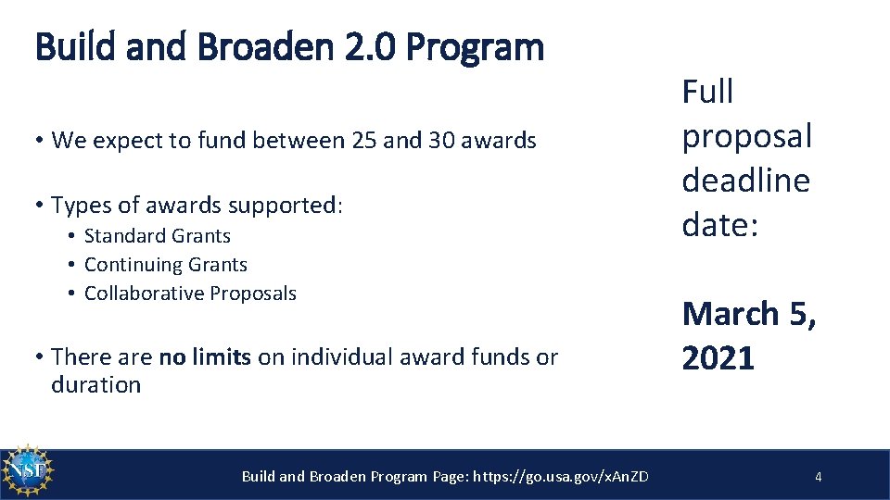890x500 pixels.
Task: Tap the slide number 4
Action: (818, 477)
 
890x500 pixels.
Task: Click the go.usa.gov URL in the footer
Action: (561, 477)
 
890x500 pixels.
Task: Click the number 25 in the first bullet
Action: (365, 141)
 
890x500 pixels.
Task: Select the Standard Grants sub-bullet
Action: (157, 236)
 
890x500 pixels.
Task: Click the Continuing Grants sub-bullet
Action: (165, 265)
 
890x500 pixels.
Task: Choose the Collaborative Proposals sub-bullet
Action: (190, 294)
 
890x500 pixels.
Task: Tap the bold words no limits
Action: (205, 356)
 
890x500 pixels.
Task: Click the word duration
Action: (96, 385)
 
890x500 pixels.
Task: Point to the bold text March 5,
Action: (749, 314)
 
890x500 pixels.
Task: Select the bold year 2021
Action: (718, 357)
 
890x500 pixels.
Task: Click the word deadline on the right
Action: (745, 181)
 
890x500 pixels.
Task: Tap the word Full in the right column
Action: (707, 92)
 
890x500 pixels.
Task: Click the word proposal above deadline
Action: (746, 136)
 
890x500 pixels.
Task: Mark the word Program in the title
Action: (498, 46)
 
